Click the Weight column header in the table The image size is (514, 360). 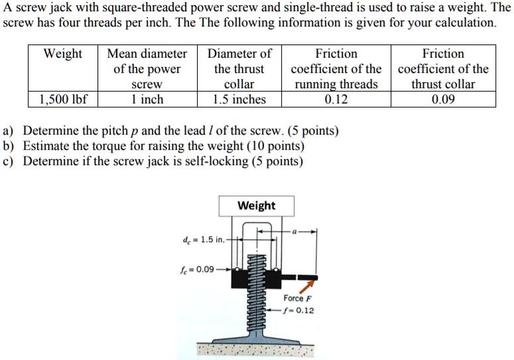coord(62,54)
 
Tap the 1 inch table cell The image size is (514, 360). coord(147,99)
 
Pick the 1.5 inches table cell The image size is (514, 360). coord(239,99)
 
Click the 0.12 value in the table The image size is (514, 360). coord(336,99)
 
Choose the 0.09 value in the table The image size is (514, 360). coord(443,99)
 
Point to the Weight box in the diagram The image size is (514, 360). coord(256,206)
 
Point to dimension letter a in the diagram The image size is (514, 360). coord(296,231)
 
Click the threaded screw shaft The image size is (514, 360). coord(256,312)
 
